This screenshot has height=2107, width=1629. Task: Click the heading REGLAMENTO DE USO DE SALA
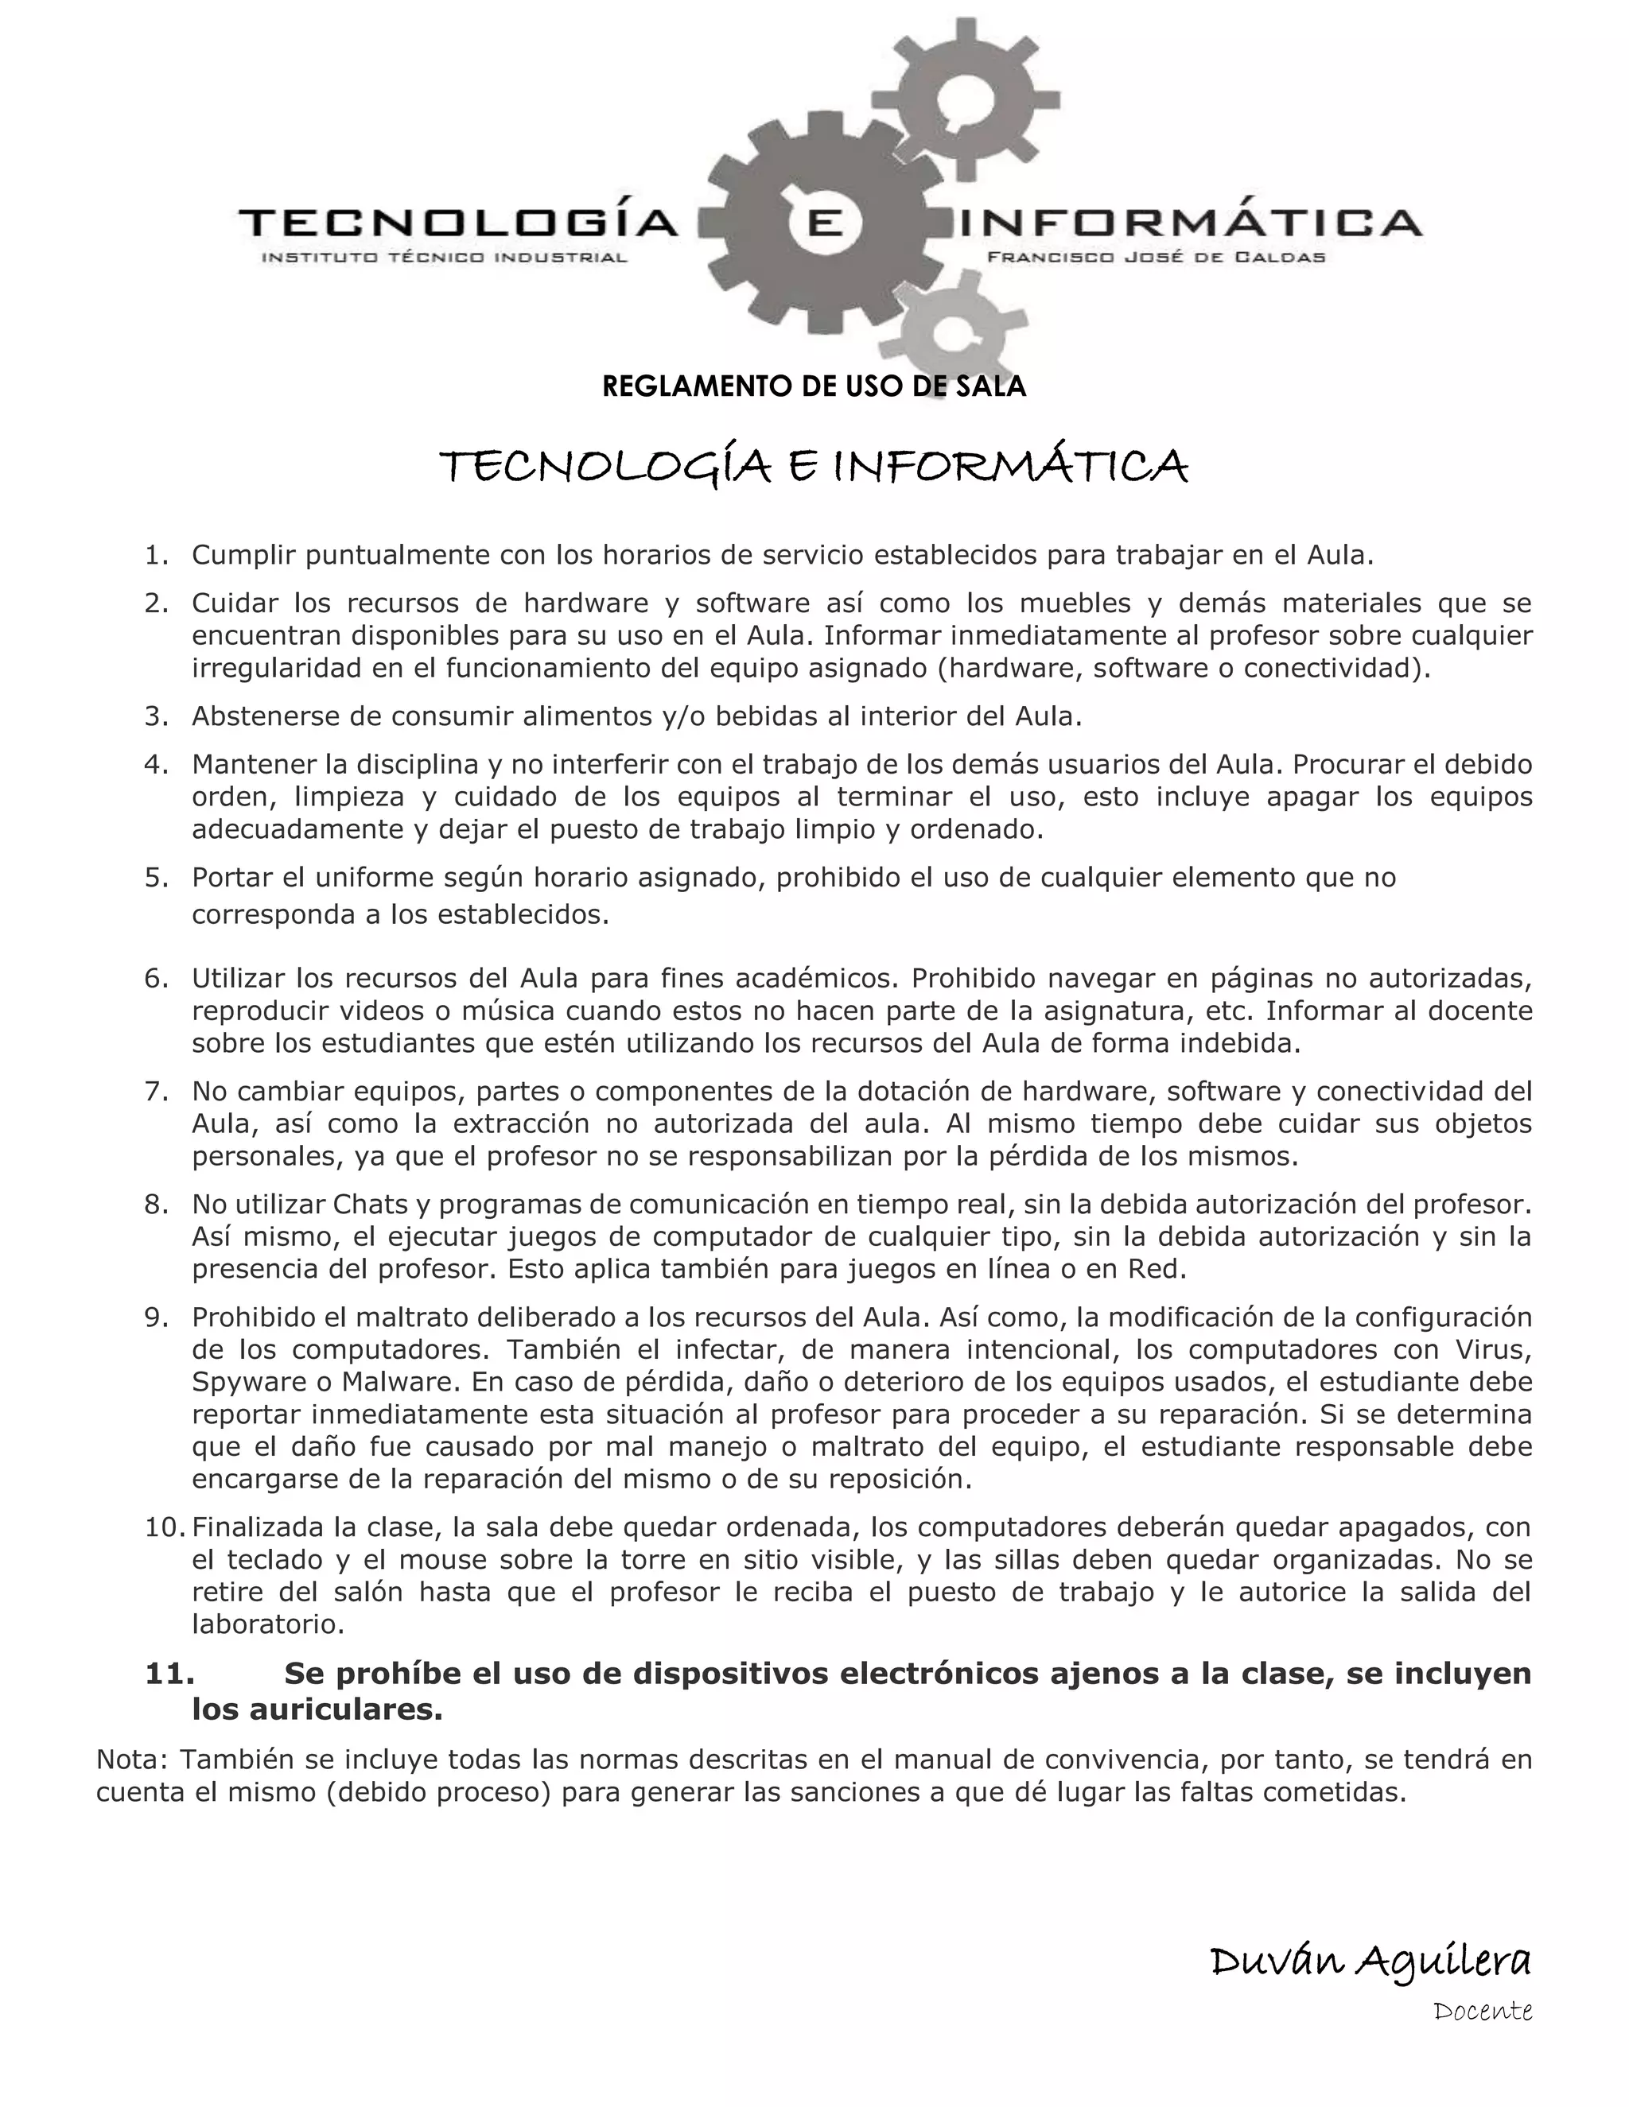coord(814,387)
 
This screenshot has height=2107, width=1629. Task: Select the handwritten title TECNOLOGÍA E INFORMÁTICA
coord(814,468)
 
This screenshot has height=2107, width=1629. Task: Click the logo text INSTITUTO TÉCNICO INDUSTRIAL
coord(445,258)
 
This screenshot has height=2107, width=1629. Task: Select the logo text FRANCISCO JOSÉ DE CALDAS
coord(1155,258)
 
